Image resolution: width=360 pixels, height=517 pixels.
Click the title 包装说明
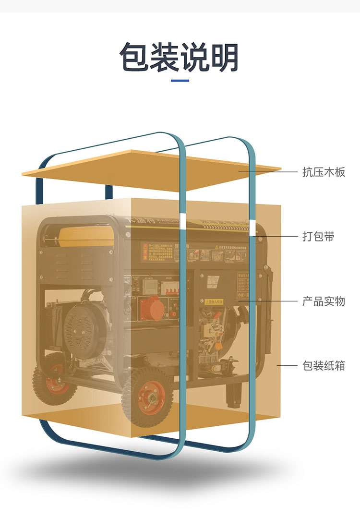coord(180,57)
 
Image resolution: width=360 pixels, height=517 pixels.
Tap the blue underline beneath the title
coord(180,80)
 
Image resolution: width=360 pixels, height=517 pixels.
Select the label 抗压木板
coord(324,171)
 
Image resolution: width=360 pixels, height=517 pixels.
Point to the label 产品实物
coord(324,301)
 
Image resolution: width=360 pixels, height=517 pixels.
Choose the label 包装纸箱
coord(324,366)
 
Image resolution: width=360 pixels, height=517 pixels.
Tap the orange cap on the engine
coord(218,345)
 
